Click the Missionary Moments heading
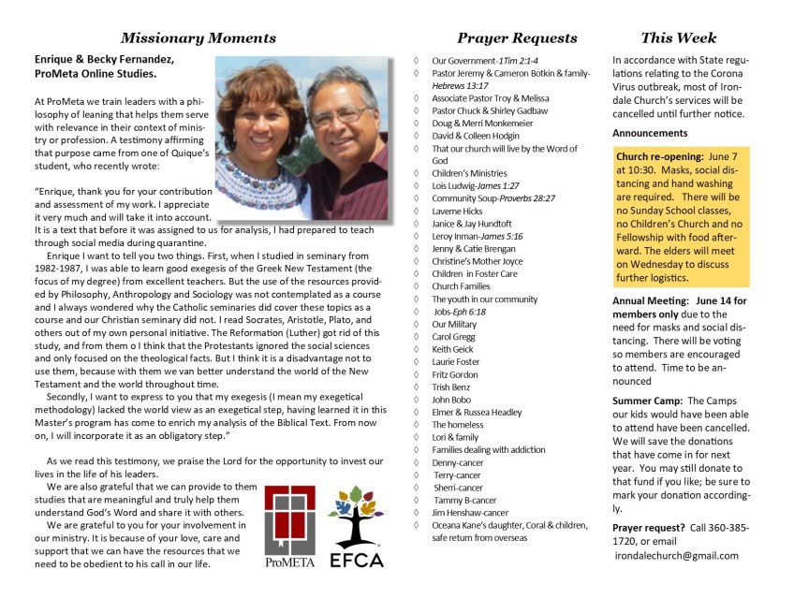198,38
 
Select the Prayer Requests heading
517,38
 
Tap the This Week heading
679,38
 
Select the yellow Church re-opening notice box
681,215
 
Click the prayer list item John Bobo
452,400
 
